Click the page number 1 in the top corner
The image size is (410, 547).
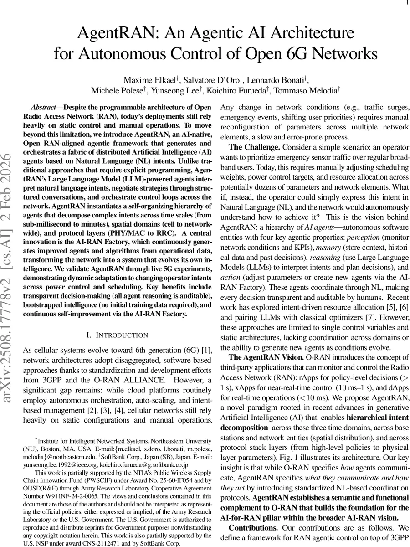click(406, 3)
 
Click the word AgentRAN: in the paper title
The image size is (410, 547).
click(114, 34)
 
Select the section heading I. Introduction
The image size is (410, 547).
click(117, 335)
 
